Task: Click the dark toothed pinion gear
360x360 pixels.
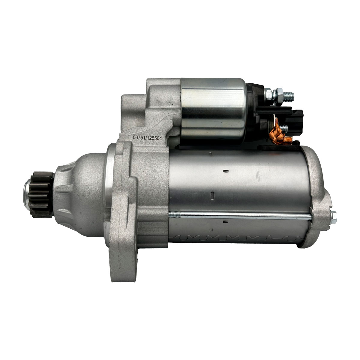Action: click(x=41, y=194)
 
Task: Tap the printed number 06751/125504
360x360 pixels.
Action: click(x=147, y=138)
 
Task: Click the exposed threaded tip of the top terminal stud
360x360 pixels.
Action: click(x=288, y=97)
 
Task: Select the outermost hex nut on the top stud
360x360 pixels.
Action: click(x=279, y=97)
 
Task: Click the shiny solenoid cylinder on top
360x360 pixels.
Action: click(x=213, y=110)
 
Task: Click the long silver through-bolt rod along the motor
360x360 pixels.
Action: click(x=240, y=216)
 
